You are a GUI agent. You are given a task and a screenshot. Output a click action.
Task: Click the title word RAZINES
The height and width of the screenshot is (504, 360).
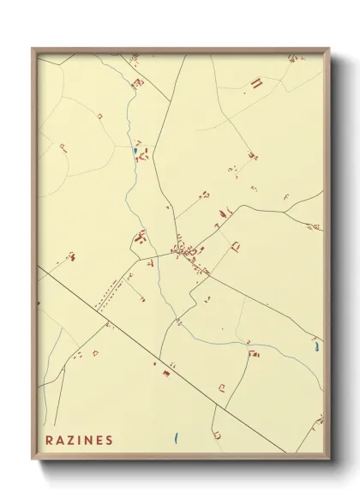pyautogui.click(x=79, y=441)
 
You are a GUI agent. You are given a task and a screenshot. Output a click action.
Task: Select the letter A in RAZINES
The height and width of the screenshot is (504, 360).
pyautogui.click(x=60, y=441)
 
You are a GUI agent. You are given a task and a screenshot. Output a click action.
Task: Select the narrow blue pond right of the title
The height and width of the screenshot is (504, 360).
pyautogui.click(x=175, y=437)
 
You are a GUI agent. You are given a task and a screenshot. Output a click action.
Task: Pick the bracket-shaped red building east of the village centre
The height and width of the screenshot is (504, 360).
pyautogui.click(x=235, y=247)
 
